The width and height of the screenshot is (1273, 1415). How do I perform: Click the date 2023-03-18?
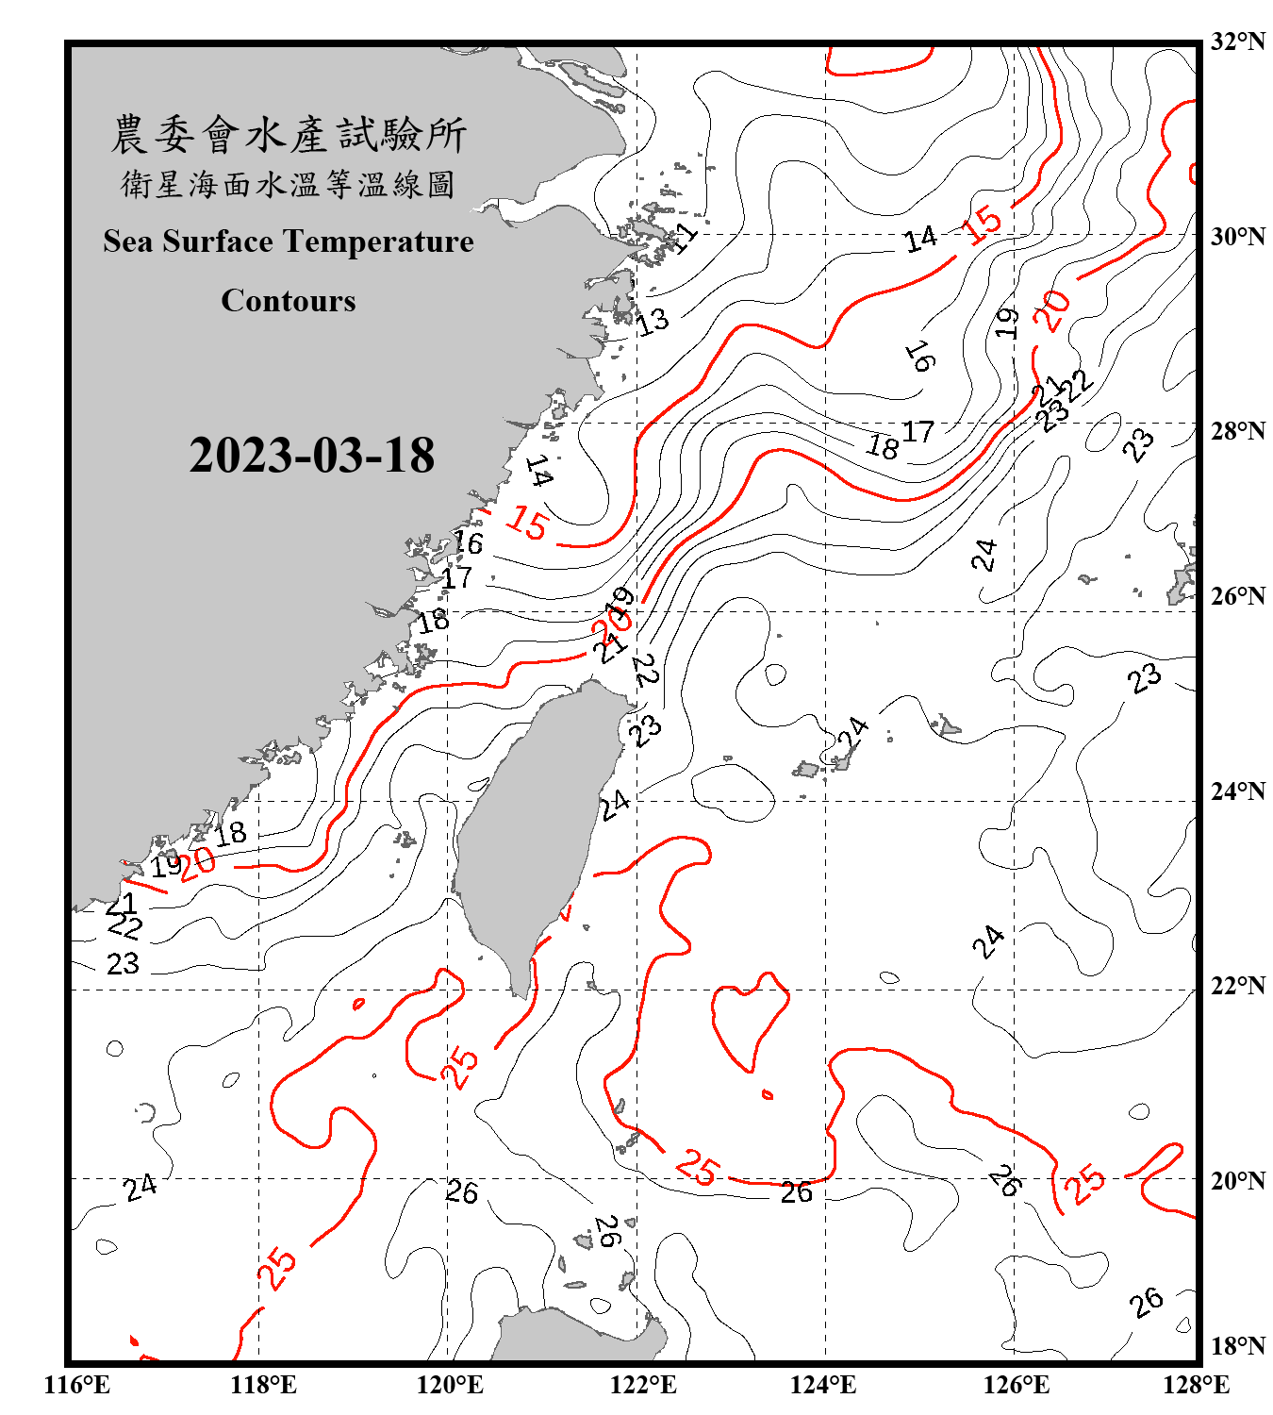(311, 456)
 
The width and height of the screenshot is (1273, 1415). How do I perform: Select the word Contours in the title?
(289, 301)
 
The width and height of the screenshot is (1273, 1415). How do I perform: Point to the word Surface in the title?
(218, 241)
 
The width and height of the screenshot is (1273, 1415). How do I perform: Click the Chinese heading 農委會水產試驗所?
(289, 135)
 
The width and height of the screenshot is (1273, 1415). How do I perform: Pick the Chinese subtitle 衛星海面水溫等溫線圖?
(289, 184)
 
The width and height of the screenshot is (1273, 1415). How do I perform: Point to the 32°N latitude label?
(1237, 42)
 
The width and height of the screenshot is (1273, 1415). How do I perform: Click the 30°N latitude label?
(1237, 236)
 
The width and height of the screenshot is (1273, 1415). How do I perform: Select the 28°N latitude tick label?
(1237, 431)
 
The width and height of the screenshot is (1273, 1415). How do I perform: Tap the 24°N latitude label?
(1237, 791)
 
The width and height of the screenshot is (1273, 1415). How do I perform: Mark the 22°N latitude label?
(1237, 986)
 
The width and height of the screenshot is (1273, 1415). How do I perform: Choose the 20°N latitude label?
(1237, 1180)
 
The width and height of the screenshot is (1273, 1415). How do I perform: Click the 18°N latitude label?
(1237, 1346)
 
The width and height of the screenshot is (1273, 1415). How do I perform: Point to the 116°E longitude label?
(77, 1385)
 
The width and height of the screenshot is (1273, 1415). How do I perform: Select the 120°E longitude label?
(450, 1385)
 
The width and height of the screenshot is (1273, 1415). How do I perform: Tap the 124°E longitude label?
(823, 1385)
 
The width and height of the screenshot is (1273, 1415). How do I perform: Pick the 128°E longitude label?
(1196, 1385)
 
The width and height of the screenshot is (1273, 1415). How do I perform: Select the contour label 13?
(653, 322)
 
